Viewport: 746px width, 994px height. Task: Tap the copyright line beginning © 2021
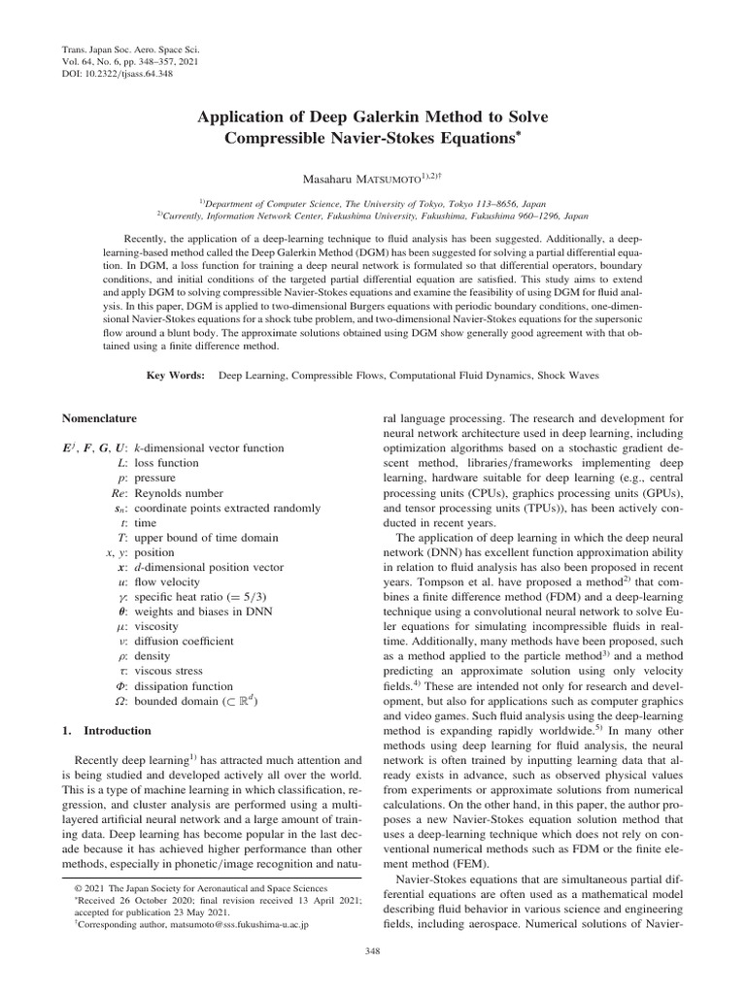(188, 888)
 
